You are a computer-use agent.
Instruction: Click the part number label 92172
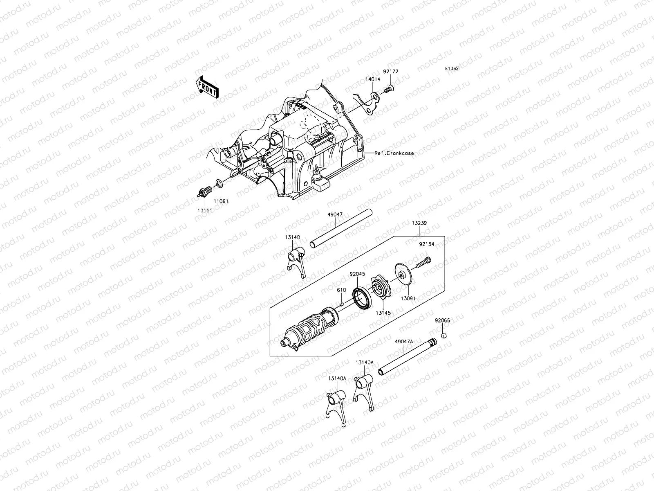pos(390,71)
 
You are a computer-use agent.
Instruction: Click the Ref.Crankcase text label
pos(394,153)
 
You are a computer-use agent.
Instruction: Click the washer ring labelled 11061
pos(219,183)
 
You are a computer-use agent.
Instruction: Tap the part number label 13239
pos(419,223)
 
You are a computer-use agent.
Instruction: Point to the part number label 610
pos(342,290)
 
